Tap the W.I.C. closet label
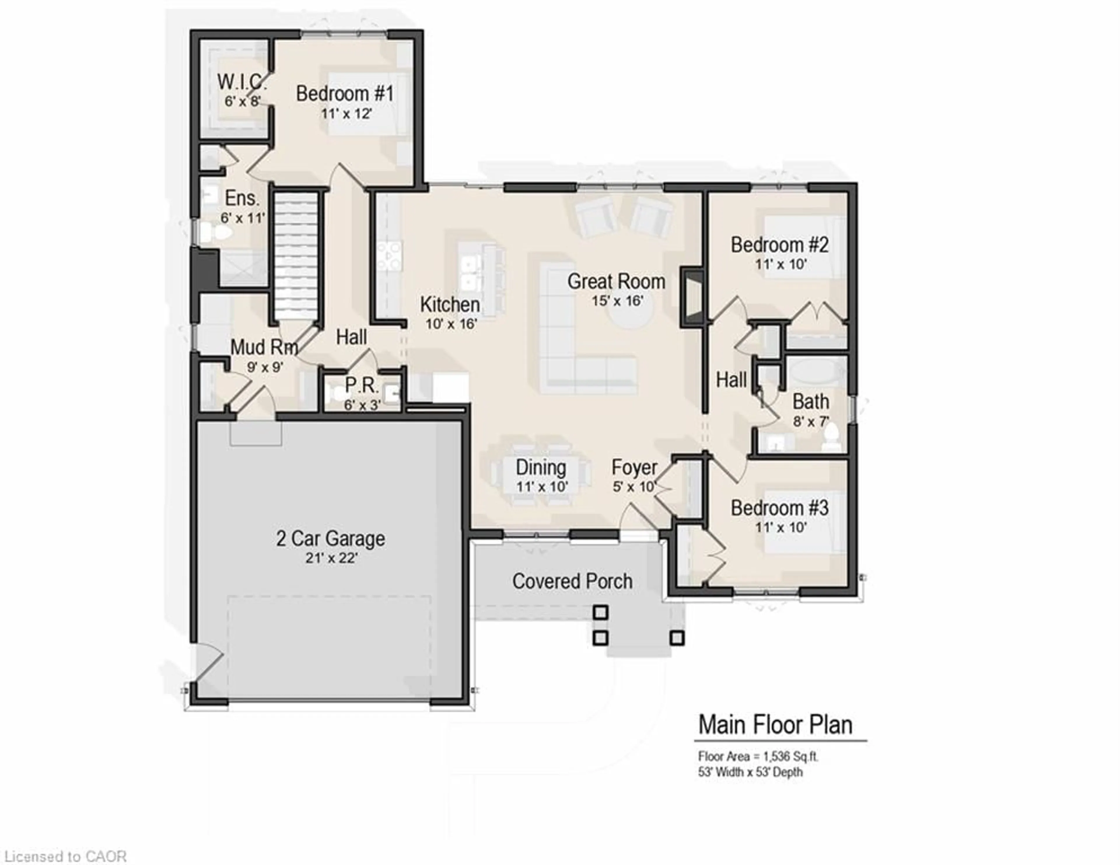242,82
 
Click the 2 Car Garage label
331,538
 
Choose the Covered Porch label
572,581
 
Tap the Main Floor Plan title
775,724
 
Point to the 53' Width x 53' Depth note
750,772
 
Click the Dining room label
541,468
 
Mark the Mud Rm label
264,347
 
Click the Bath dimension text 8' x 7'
811,422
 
